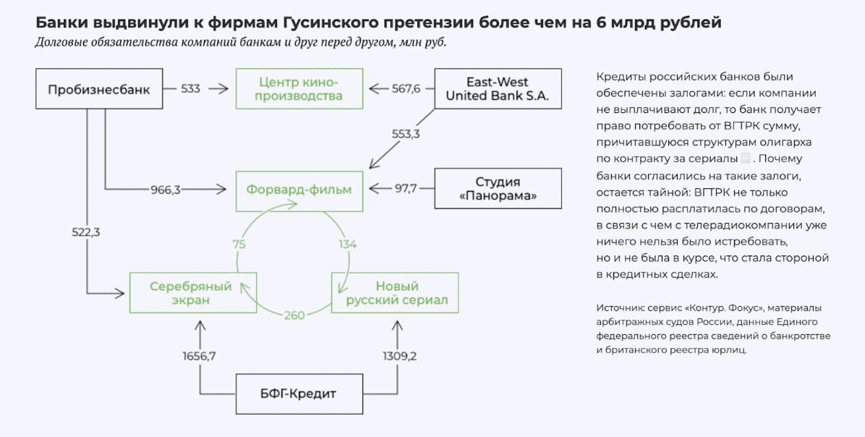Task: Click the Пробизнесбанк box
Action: (x=99, y=89)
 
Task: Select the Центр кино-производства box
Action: (x=299, y=88)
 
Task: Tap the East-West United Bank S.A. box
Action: (x=498, y=88)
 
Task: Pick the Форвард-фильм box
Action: (x=299, y=190)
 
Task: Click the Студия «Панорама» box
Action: (x=498, y=189)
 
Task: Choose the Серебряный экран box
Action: (x=192, y=292)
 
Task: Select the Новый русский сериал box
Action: (x=395, y=292)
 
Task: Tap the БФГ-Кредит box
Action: (x=299, y=394)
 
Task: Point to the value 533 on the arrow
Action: (x=191, y=89)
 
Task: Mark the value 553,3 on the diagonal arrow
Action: (x=406, y=134)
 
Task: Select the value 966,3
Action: (x=166, y=190)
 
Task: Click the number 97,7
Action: (x=406, y=190)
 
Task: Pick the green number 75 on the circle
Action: (x=239, y=244)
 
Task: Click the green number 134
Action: (x=348, y=244)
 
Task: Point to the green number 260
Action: (x=294, y=315)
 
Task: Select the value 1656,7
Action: (x=200, y=355)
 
